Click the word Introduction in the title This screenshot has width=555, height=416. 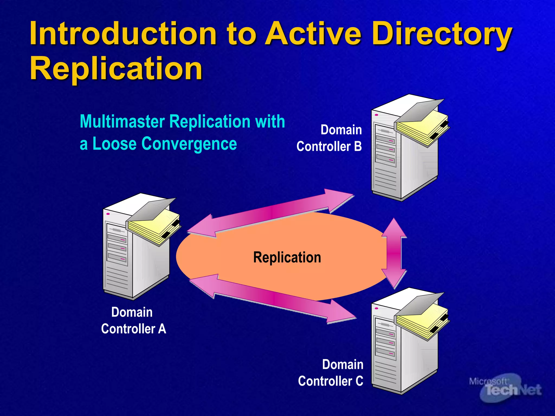pyautogui.click(x=123, y=34)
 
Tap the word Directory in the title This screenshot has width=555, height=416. pyautogui.click(x=442, y=34)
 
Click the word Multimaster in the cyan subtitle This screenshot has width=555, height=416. pyautogui.click(x=122, y=122)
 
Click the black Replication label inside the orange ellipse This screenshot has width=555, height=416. pyautogui.click(x=287, y=257)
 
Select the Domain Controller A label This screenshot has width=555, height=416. pyautogui.click(x=133, y=320)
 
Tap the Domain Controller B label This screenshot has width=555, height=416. pyautogui.click(x=329, y=138)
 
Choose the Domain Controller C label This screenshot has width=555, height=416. pyautogui.click(x=331, y=373)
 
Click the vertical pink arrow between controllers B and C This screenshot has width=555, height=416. pyautogui.click(x=394, y=253)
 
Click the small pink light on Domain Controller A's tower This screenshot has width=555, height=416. pyautogui.click(x=108, y=214)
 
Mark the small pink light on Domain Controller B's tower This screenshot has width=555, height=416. pyautogui.click(x=376, y=115)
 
